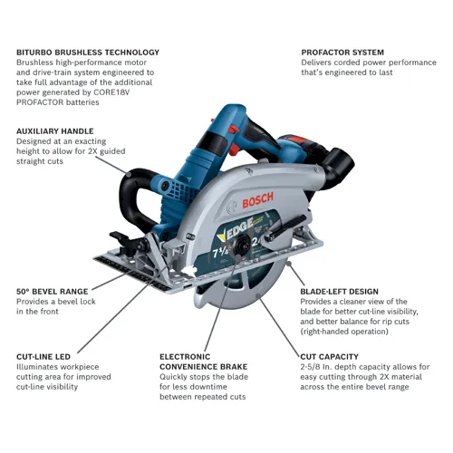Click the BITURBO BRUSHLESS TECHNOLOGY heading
(88, 53)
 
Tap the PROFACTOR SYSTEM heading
(342, 53)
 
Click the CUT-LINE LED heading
(43, 356)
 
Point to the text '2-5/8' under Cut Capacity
(314, 367)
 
